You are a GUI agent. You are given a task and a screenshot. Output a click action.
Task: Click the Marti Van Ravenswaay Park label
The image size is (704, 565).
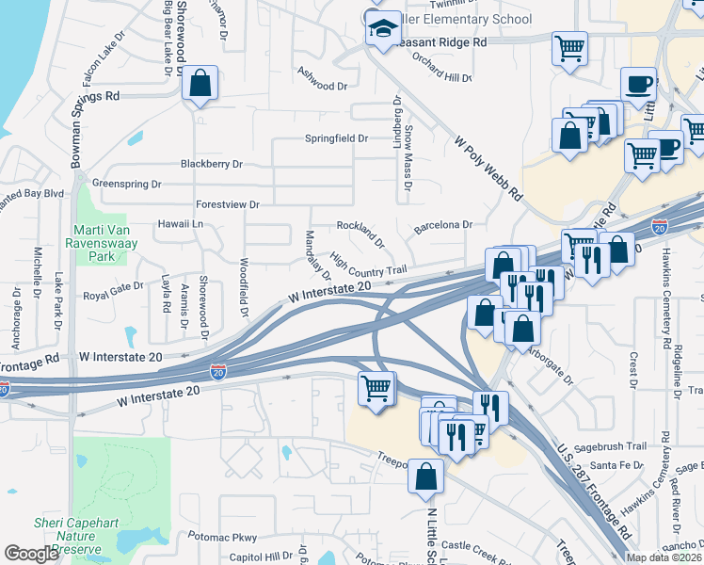[107, 242]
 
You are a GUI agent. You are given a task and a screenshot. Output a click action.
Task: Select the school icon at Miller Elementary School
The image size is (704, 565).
[383, 29]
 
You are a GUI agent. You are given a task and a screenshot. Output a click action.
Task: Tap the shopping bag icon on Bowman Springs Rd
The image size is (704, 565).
[200, 84]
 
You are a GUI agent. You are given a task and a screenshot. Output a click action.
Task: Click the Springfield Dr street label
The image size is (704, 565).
[335, 138]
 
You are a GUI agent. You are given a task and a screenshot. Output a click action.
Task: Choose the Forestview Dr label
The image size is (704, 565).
[227, 204]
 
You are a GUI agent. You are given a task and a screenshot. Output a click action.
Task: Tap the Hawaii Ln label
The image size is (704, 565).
[184, 224]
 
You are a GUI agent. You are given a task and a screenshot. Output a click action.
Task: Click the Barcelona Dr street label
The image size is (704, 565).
[441, 225]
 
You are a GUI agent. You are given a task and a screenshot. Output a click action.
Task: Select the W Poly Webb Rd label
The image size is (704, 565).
[488, 169]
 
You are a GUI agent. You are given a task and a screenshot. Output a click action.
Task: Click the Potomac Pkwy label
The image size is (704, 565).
[222, 537]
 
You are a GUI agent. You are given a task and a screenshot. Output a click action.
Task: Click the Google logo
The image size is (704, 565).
[31, 554]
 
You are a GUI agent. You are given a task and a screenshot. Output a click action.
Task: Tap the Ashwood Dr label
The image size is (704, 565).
[322, 85]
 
